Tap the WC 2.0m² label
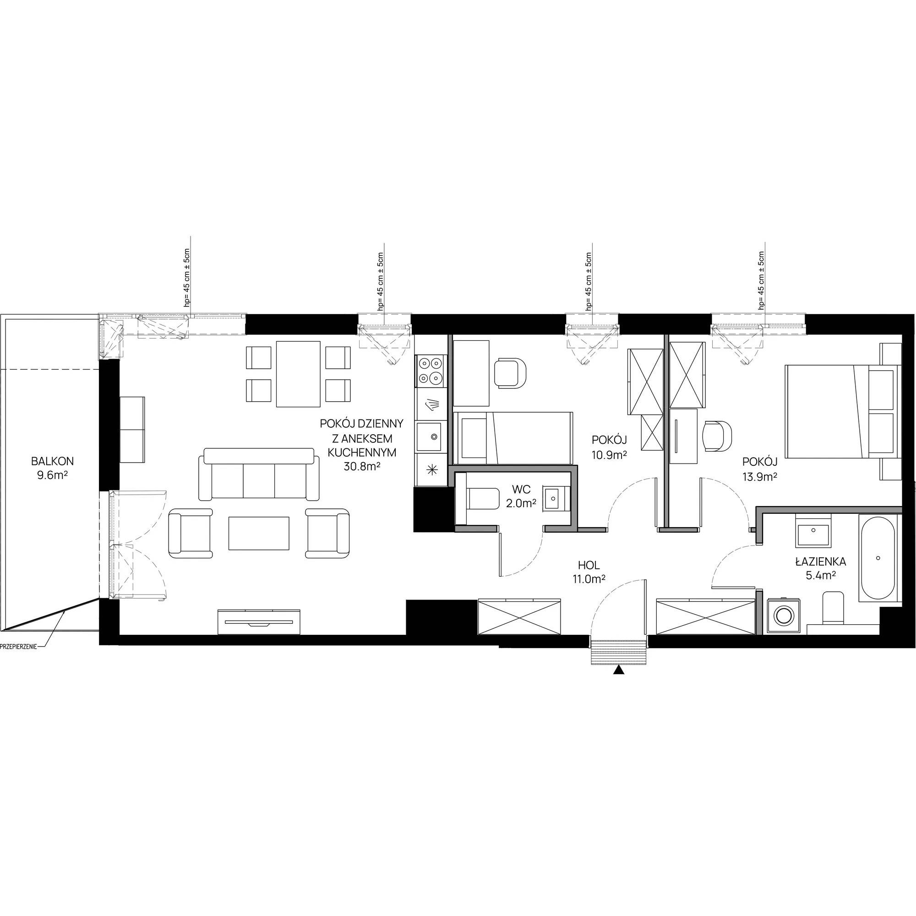521,496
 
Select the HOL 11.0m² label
589,571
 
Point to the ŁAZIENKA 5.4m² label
821,568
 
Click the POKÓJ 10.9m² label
609,447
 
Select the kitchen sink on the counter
431,436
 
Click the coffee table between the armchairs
259,533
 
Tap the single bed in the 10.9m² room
513,437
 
